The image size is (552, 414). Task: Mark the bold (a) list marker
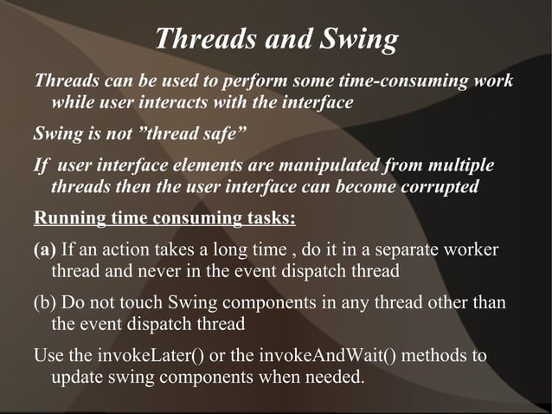pyautogui.click(x=44, y=250)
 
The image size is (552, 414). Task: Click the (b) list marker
pyautogui.click(x=45, y=304)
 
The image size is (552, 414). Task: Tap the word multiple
pyautogui.click(x=459, y=165)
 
